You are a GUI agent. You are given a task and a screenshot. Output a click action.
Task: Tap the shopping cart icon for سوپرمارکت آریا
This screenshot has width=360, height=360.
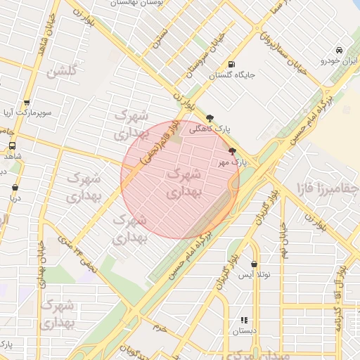tap(27, 103)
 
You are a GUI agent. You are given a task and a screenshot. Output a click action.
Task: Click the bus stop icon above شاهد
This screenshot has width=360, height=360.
tap(11, 146)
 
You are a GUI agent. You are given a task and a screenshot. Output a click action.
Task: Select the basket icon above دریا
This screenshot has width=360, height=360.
tap(15, 188)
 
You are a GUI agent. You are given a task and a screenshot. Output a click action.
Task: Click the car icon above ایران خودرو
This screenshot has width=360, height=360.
tap(340, 51)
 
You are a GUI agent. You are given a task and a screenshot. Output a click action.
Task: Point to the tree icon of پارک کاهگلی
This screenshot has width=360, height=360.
tap(209, 118)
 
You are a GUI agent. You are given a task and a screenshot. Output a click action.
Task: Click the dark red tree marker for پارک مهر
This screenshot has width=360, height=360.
tap(232, 150)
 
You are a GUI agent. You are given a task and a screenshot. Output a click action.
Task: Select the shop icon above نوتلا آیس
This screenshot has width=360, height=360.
tap(254, 264)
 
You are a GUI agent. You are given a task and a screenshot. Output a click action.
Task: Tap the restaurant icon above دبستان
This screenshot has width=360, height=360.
tap(244, 320)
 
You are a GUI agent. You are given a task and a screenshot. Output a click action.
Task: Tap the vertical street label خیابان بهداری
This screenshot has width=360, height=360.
tap(41, 266)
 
